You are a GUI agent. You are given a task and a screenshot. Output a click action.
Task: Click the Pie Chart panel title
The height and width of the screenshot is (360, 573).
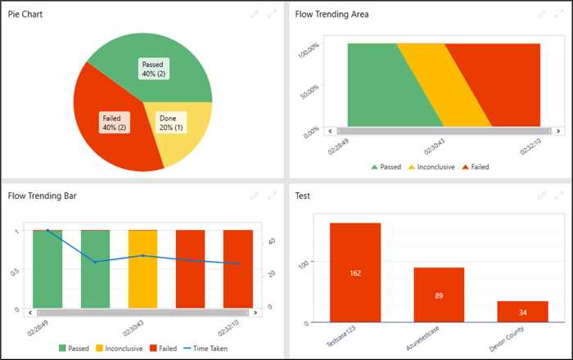point(25,14)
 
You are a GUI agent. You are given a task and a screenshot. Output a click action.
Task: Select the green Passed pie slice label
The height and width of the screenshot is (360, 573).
point(154,69)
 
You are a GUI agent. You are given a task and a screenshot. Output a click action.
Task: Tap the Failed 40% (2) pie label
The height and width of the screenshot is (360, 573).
point(114,122)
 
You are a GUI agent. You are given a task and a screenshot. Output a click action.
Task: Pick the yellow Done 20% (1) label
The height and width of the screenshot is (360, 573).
point(170,123)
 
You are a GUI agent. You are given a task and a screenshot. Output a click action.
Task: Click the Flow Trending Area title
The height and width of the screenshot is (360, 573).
point(332,14)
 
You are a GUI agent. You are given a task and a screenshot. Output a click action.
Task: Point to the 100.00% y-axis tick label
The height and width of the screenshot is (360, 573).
point(308,51)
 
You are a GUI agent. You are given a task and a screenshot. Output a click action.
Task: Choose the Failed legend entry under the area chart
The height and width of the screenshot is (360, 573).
point(476,167)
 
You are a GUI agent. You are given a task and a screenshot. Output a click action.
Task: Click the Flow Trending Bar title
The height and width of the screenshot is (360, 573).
point(43,196)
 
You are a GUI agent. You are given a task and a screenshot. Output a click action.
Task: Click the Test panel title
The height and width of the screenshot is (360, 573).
point(303,196)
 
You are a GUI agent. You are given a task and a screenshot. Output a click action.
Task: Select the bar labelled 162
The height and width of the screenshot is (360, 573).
point(354,273)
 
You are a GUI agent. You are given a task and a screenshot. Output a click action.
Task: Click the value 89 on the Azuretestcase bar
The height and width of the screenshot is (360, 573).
point(439,295)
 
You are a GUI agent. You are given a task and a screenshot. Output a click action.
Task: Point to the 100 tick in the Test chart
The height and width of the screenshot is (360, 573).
point(304,263)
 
